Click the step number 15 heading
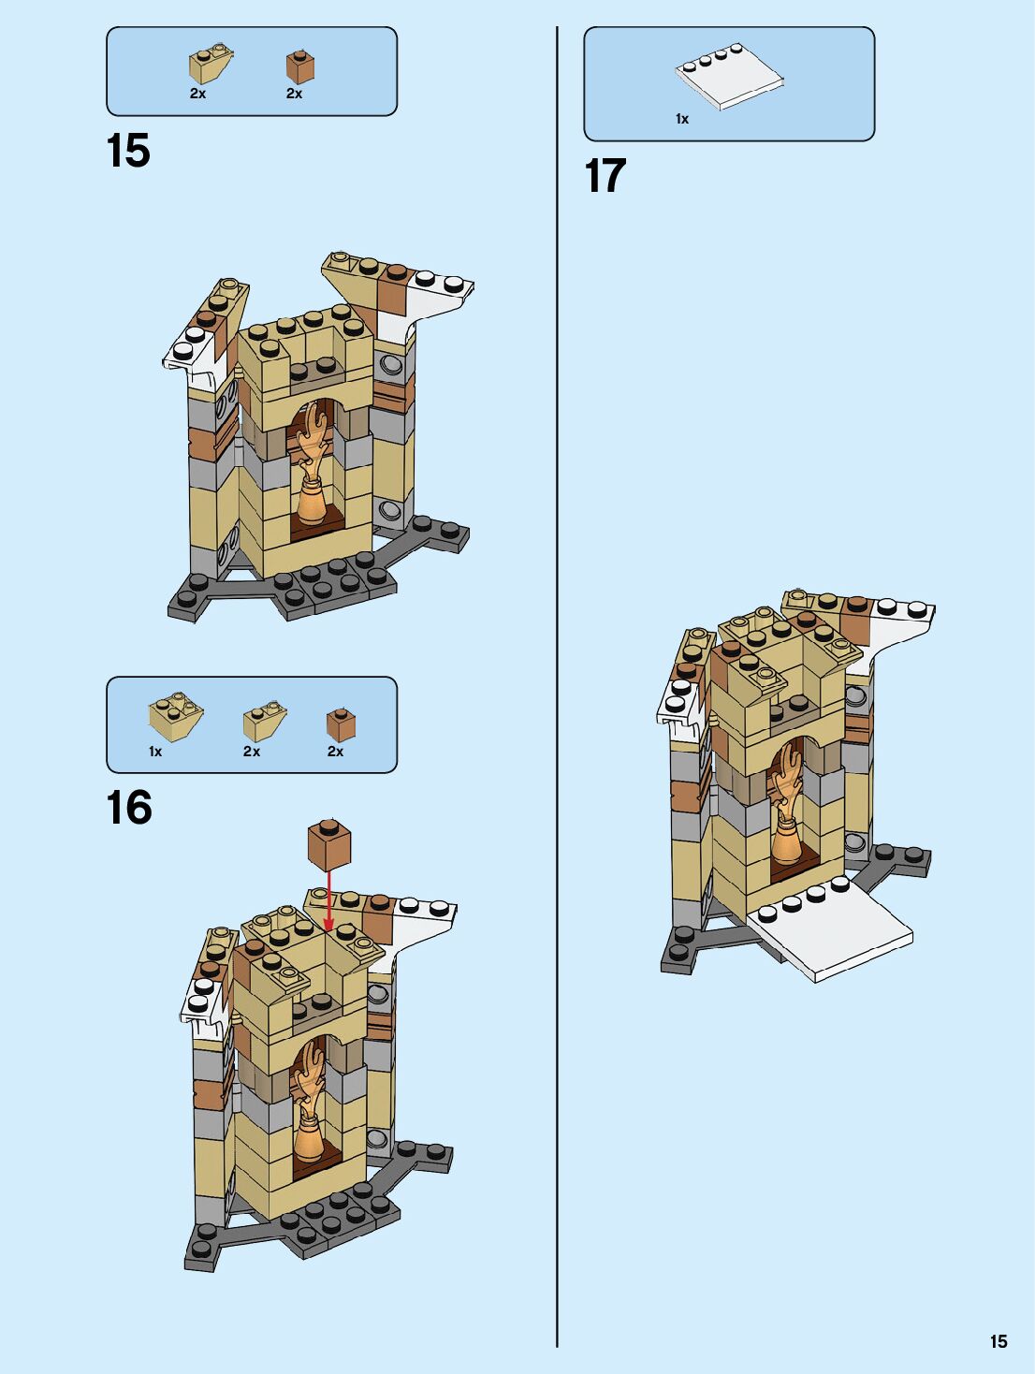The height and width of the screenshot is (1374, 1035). tap(128, 151)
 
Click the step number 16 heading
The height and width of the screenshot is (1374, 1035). tap(129, 807)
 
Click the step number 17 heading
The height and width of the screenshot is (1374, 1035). tap(605, 176)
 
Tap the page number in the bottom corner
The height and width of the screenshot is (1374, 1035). tap(999, 1341)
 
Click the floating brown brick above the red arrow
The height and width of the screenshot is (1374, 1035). tap(329, 845)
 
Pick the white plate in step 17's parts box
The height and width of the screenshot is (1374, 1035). tap(730, 78)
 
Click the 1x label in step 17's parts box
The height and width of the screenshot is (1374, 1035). tap(682, 119)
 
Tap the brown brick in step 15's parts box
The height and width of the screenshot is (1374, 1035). tap(300, 67)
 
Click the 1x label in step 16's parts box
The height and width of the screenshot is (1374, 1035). tap(155, 752)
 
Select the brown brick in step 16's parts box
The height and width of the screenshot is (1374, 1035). tap(341, 724)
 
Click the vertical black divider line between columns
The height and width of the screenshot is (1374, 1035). tap(557, 687)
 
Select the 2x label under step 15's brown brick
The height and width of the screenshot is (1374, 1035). tap(294, 94)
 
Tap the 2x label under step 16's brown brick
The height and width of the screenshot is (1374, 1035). tap(335, 752)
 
